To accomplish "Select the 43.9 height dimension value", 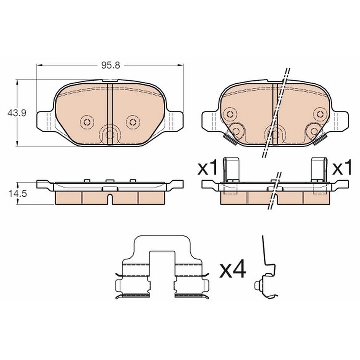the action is click(17, 113).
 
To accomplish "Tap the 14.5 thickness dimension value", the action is click(18, 194).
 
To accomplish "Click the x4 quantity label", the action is click(233, 270).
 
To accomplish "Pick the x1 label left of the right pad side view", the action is click(207, 168).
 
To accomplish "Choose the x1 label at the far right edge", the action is click(342, 168).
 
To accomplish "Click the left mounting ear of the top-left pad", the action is click(45, 121).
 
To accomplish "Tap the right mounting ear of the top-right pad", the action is click(339, 121).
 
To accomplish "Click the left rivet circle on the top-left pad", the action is click(87, 122).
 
